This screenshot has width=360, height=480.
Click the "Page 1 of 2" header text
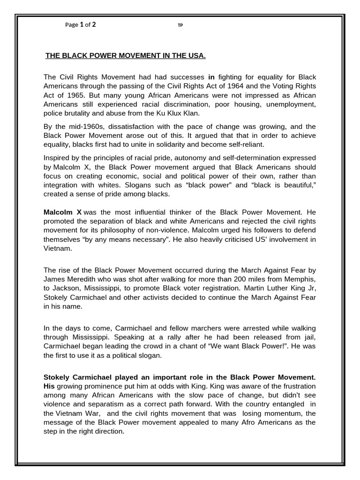point(81,25)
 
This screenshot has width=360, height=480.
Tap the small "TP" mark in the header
point(180,25)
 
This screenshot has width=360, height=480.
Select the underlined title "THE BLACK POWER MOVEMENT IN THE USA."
point(125,56)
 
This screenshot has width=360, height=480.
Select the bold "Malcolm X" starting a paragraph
point(62,212)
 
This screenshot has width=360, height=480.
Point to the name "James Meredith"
point(68,279)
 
